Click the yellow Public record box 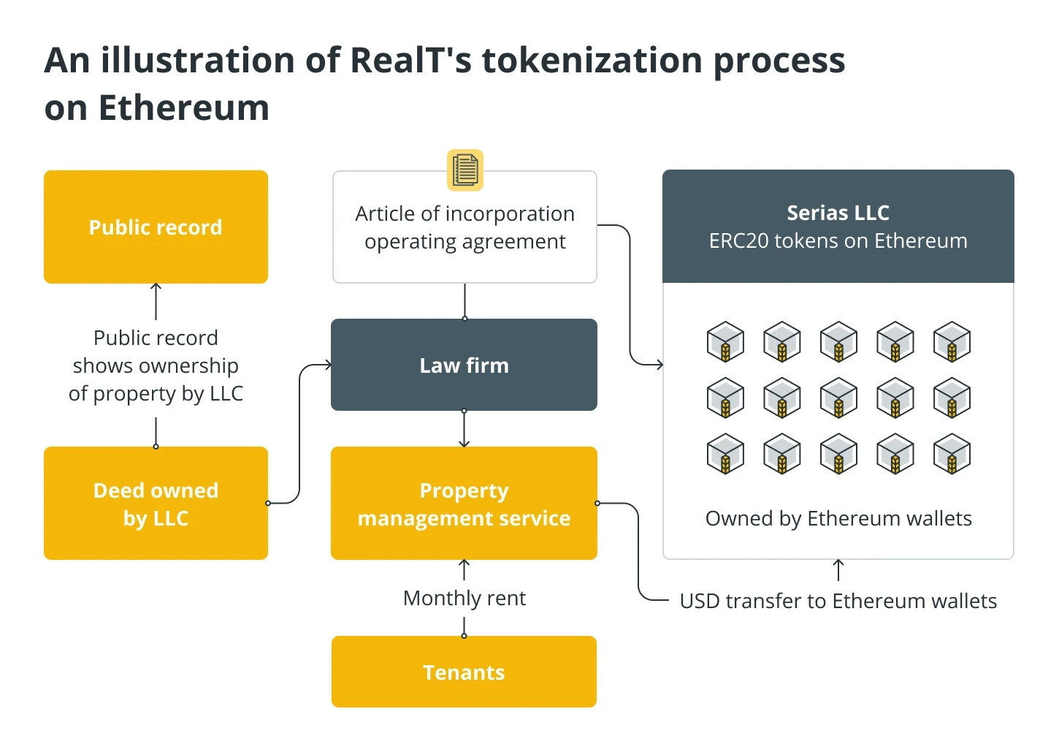[156, 227]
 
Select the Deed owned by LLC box [156, 504]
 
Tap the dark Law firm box [464, 365]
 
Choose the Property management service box [464, 504]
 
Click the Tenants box [464, 672]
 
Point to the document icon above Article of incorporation [465, 170]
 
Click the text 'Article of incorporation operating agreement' [464, 227]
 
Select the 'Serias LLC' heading [838, 213]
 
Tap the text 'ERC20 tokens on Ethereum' [838, 240]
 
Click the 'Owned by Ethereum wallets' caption [838, 518]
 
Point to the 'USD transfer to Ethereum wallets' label [838, 601]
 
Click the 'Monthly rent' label [464, 598]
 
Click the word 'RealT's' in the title [411, 61]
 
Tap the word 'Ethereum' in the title [184, 108]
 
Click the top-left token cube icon [725, 341]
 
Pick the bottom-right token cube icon [952, 454]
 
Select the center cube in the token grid [838, 398]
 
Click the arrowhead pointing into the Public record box [156, 287]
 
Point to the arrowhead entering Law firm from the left [328, 365]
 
